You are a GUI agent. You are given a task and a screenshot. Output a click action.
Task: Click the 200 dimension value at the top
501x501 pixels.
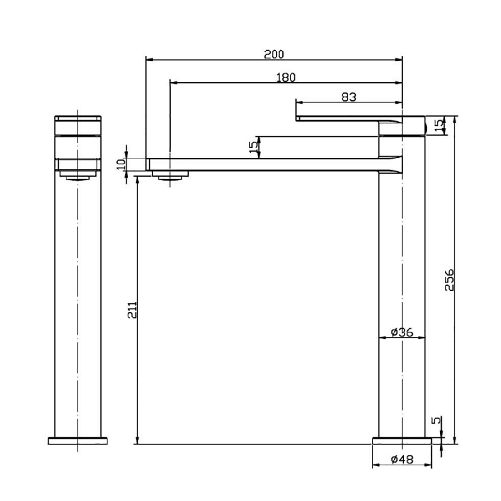click(x=274, y=54)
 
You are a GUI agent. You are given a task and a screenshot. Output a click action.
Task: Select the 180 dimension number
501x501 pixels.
click(x=286, y=77)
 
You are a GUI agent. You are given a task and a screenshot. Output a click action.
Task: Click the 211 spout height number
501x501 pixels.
click(x=132, y=310)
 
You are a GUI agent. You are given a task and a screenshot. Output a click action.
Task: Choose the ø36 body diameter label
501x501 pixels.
click(x=402, y=332)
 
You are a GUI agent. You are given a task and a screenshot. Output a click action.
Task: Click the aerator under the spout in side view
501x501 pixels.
click(x=169, y=175)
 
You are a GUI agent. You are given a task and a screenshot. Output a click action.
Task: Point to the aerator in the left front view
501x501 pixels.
click(x=78, y=176)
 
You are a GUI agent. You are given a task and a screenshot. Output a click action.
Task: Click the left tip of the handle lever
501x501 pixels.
click(x=297, y=118)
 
